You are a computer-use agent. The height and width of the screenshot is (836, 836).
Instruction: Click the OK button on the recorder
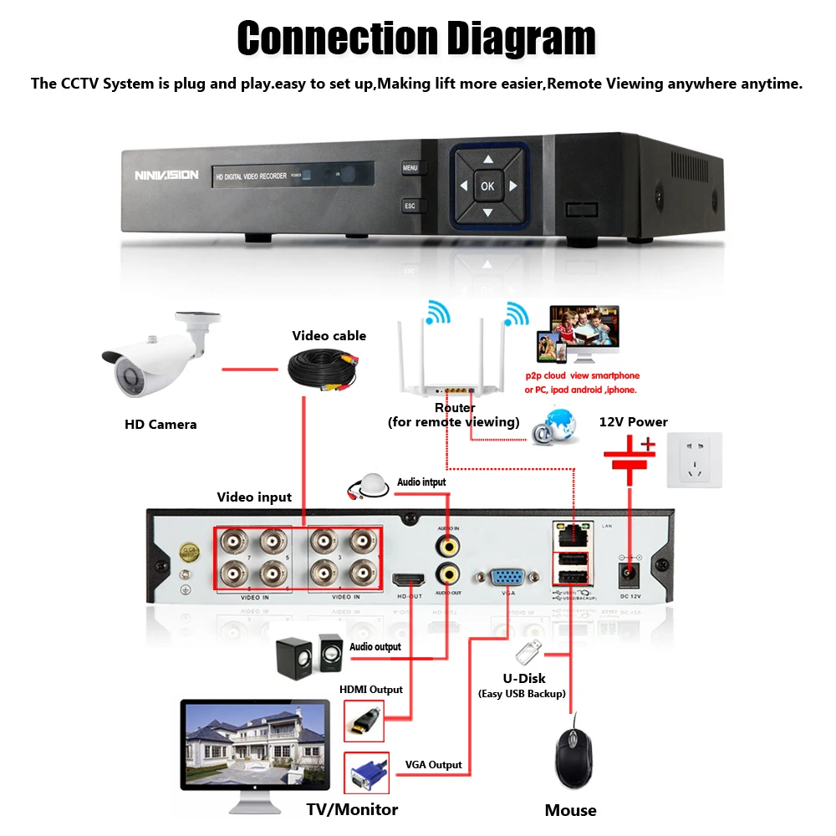click(x=487, y=186)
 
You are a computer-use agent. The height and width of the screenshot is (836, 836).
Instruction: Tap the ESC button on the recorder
click(x=410, y=206)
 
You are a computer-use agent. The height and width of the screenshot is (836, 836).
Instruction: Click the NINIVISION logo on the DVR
click(x=166, y=176)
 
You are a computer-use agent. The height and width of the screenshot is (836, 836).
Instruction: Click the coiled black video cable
click(x=322, y=369)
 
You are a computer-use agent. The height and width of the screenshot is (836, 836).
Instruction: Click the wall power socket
click(x=694, y=460)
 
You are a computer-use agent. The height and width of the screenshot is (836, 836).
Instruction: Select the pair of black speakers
click(x=309, y=655)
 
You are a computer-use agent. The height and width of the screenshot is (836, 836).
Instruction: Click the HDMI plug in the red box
click(x=364, y=720)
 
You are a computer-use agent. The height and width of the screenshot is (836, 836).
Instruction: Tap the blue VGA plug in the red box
click(x=366, y=772)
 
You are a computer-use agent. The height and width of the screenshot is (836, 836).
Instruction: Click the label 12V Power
click(x=633, y=421)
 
